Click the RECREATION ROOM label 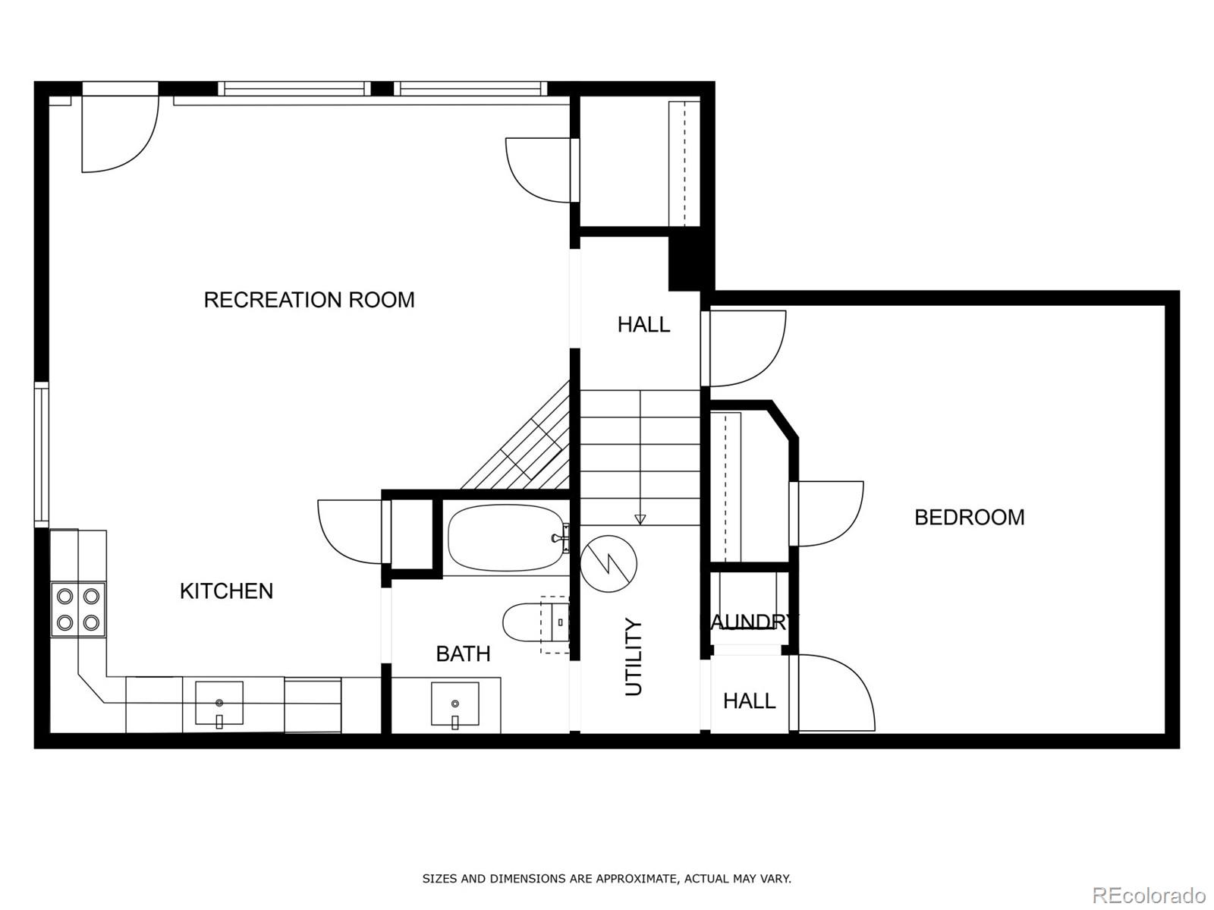pyautogui.click(x=309, y=300)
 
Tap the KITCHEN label pyautogui.click(x=226, y=591)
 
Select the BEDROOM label pyautogui.click(x=969, y=517)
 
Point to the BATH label pyautogui.click(x=463, y=654)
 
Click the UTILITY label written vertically pyautogui.click(x=634, y=657)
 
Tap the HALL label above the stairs pyautogui.click(x=643, y=325)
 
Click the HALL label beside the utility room pyautogui.click(x=750, y=701)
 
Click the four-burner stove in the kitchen pyautogui.click(x=78, y=609)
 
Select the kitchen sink pyautogui.click(x=219, y=704)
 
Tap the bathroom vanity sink pyautogui.click(x=454, y=704)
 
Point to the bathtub pyautogui.click(x=507, y=537)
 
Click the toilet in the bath pyautogui.click(x=535, y=622)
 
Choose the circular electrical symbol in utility pyautogui.click(x=609, y=564)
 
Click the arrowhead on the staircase pyautogui.click(x=640, y=519)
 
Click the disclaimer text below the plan pyautogui.click(x=607, y=878)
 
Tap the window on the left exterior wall pyautogui.click(x=42, y=454)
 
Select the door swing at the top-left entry pyautogui.click(x=120, y=134)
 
